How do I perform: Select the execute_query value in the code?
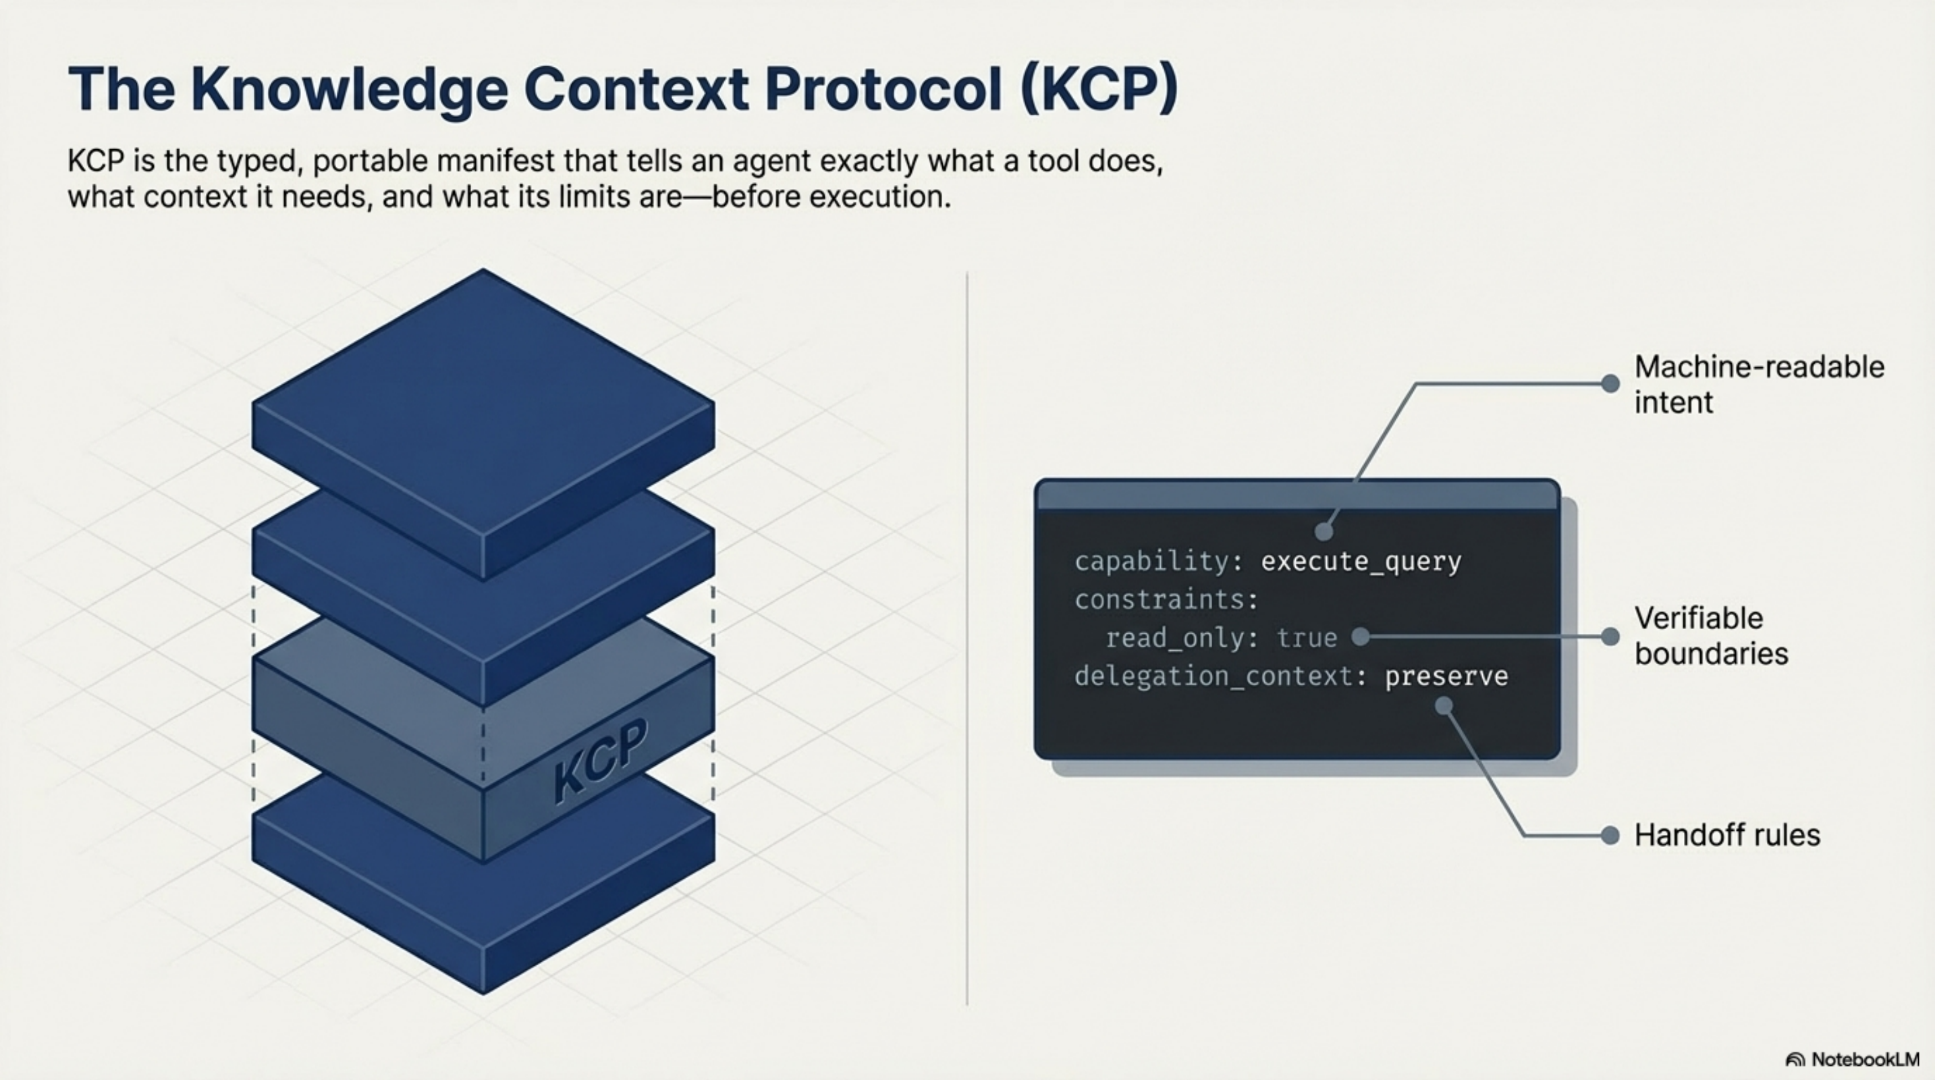[x=1361, y=562]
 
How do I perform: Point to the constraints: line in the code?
[x=1166, y=599]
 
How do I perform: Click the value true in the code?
[x=1306, y=638]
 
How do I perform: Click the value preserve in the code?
[x=1446, y=676]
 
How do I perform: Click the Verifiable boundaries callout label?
[x=1711, y=635]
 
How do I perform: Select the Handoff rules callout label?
[x=1726, y=835]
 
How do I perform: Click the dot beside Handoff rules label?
[x=1610, y=835]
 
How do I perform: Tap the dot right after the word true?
[x=1359, y=637]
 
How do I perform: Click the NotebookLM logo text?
[x=1864, y=1059]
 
